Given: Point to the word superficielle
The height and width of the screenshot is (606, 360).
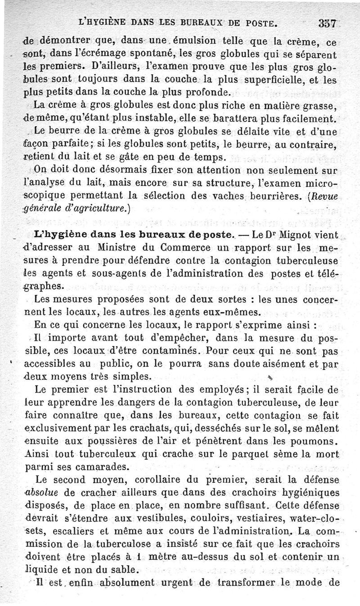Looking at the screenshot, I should [x=274, y=81].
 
